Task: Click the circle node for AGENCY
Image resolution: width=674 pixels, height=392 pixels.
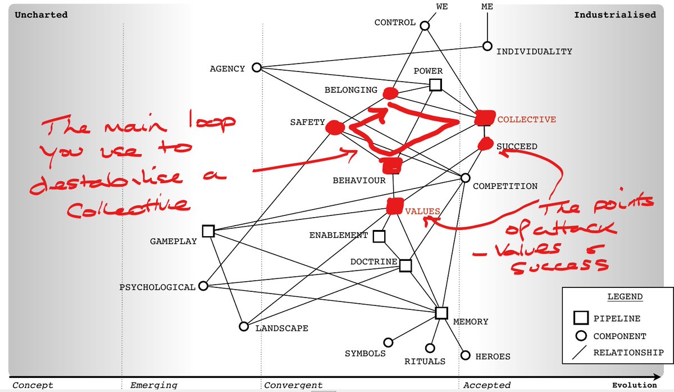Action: coord(257,67)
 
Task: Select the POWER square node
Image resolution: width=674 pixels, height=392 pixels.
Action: coord(435,85)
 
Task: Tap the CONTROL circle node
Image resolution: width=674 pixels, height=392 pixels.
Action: coord(425,25)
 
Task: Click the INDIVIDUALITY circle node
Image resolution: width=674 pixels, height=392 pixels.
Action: coord(488,47)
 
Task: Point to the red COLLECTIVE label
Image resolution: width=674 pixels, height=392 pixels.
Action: coord(526,119)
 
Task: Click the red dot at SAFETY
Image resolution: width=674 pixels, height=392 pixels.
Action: coord(335,128)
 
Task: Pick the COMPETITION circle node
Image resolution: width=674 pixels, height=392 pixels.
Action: coord(465,178)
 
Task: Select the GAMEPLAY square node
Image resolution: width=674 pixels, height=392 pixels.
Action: coord(208,231)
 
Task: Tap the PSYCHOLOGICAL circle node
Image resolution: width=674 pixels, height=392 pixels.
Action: coord(203,286)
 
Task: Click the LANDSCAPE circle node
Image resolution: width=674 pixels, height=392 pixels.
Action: coord(244,326)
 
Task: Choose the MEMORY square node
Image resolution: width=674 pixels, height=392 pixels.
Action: coord(441,313)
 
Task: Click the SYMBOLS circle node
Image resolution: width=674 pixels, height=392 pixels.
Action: coord(388,342)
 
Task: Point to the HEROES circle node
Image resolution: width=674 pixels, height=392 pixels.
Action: coord(465,355)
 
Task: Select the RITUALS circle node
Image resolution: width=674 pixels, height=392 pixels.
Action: coord(430,348)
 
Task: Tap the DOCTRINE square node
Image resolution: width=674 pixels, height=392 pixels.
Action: coord(406,265)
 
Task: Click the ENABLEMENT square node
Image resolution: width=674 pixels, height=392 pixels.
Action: coord(379,236)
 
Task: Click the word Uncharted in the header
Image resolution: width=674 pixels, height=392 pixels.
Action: coord(41,15)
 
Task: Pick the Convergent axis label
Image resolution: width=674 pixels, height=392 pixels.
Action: coord(293,385)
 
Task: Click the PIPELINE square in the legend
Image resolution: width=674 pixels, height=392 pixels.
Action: coord(581,318)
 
